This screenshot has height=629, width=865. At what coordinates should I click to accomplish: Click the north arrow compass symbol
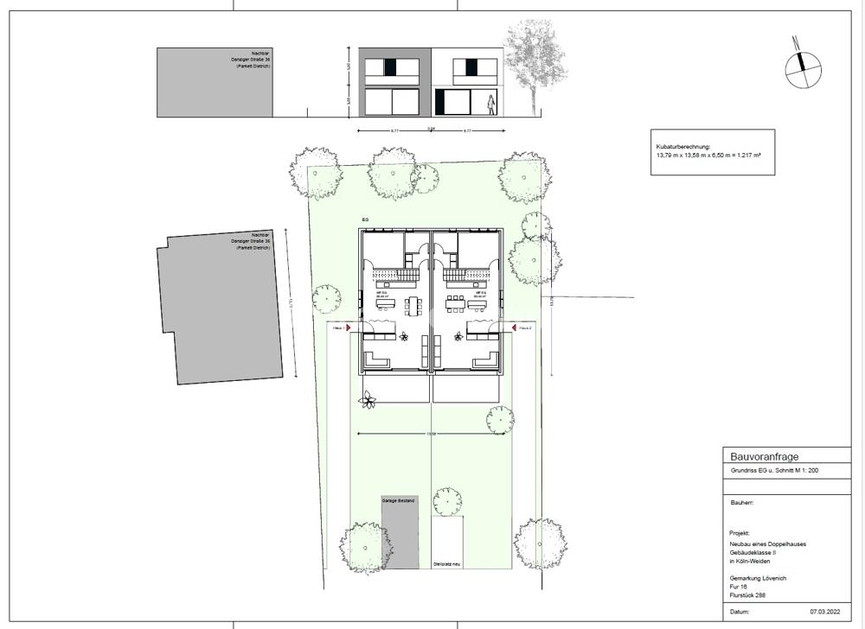tap(802, 62)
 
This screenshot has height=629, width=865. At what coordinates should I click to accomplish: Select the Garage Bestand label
tap(398, 501)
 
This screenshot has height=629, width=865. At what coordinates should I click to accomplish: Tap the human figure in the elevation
tap(491, 104)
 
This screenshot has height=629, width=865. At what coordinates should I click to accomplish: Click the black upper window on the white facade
tap(471, 67)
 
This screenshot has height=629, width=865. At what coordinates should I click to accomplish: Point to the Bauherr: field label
tap(742, 501)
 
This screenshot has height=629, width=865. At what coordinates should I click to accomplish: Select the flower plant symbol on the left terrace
tap(369, 399)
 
